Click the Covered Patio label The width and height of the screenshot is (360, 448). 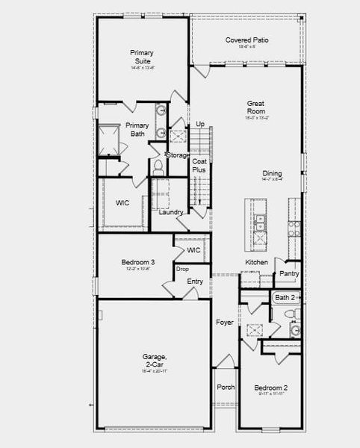246,40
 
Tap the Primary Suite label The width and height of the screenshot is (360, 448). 141,57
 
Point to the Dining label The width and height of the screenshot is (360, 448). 271,174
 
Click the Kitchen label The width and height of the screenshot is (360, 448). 257,263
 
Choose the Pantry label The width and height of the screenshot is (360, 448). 289,274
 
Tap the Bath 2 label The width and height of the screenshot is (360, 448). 285,298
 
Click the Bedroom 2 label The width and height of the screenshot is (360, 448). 270,388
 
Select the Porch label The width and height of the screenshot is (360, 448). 226,388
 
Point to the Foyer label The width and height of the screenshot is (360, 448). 225,323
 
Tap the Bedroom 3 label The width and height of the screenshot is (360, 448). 138,263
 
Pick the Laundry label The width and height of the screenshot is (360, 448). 172,213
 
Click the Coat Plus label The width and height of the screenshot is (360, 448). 199,166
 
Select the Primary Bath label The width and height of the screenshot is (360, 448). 137,130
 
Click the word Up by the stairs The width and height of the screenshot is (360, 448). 200,124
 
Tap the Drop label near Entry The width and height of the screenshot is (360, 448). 182,269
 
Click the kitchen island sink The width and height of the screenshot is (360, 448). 259,221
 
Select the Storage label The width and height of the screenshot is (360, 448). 178,155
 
